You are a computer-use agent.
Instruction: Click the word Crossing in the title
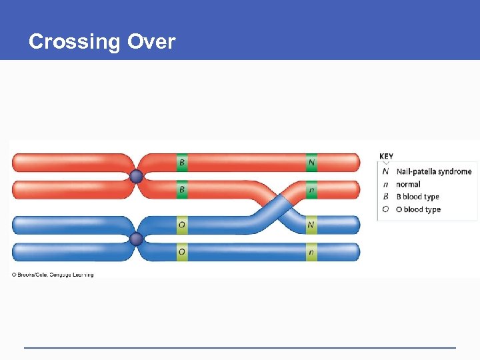(x=73, y=42)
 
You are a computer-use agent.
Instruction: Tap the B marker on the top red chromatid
(x=182, y=162)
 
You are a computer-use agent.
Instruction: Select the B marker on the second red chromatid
(x=182, y=190)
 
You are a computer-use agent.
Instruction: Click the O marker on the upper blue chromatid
(x=182, y=225)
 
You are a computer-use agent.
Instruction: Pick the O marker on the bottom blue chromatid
(x=182, y=252)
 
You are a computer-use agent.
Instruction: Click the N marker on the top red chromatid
(x=311, y=162)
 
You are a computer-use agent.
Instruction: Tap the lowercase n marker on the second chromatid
(x=311, y=190)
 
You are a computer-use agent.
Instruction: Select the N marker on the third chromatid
(x=311, y=225)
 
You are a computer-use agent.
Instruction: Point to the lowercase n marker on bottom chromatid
(x=311, y=252)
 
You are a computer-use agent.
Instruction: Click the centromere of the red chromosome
(x=136, y=177)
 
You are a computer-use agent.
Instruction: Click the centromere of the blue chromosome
(x=136, y=239)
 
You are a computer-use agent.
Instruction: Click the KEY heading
(x=387, y=157)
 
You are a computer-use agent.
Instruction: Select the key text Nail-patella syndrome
(x=433, y=171)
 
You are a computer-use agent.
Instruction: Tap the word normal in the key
(x=408, y=184)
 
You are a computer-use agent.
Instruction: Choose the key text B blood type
(x=417, y=197)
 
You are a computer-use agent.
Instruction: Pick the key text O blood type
(x=418, y=209)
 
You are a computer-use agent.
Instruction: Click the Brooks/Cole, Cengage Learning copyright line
(x=53, y=275)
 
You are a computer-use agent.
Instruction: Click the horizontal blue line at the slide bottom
(x=240, y=347)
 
